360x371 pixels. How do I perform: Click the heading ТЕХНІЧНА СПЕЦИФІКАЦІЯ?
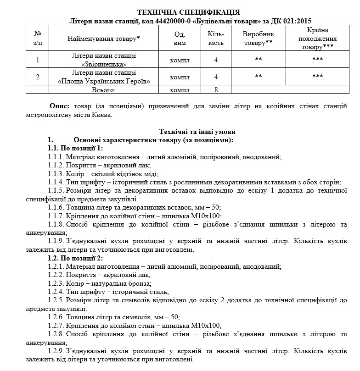click(188, 12)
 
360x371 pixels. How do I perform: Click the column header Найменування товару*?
click(103, 39)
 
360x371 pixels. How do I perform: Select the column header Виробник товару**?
click(259, 39)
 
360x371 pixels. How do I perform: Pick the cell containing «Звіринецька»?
click(104, 60)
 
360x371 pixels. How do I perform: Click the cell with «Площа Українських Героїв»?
click(104, 77)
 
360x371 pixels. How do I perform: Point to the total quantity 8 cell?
click(216, 89)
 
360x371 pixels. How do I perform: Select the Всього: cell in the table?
click(104, 89)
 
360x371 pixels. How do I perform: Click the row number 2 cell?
click(38, 77)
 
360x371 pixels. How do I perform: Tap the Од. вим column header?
click(180, 39)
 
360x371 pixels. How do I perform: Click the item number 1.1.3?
click(56, 173)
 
